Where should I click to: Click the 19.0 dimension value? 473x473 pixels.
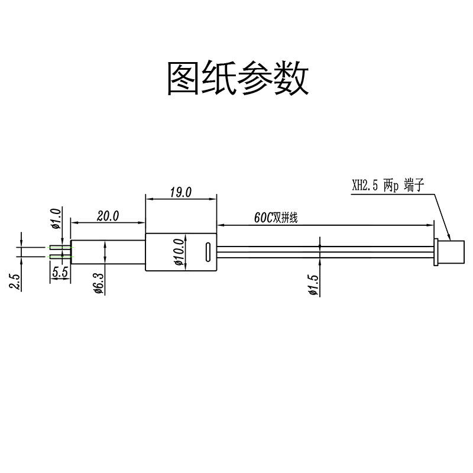coord(180,192)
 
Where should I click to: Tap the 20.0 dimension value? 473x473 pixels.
coord(108,216)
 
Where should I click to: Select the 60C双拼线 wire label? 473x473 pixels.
coord(276,218)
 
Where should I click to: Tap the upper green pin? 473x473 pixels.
coord(60,247)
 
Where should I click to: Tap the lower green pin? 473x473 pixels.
coord(60,256)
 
